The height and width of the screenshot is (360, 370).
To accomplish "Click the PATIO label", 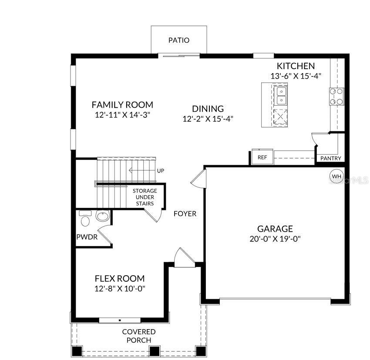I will pyautogui.click(x=179, y=40).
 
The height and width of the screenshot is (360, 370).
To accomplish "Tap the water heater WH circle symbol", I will pyautogui.click(x=336, y=177).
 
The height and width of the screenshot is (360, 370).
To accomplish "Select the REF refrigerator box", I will pyautogui.click(x=262, y=157).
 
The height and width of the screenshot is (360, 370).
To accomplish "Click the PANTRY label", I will pyautogui.click(x=331, y=158).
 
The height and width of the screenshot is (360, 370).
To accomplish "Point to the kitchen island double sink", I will pyautogui.click(x=281, y=96).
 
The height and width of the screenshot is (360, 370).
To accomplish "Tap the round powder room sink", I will pyautogui.click(x=103, y=216).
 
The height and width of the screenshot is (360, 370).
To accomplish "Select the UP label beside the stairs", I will pyautogui.click(x=160, y=170).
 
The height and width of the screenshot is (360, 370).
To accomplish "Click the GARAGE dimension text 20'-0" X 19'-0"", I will pyautogui.click(x=275, y=239).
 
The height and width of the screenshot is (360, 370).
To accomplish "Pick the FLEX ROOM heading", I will pyautogui.click(x=120, y=279).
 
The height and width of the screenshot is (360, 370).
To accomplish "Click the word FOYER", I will pyautogui.click(x=185, y=214).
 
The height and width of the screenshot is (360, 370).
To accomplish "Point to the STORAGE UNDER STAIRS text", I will pyautogui.click(x=145, y=197).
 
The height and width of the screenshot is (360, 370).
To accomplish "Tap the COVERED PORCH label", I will pyautogui.click(x=138, y=336).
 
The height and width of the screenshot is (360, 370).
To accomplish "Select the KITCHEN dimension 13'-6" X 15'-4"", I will pyautogui.click(x=296, y=76).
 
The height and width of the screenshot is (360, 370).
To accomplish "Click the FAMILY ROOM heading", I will pyautogui.click(x=122, y=105).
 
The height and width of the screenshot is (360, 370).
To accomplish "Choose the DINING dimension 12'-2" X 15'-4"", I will pyautogui.click(x=208, y=119).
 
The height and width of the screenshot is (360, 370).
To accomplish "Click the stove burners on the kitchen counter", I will pyautogui.click(x=336, y=97).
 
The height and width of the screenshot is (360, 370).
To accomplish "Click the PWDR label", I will pyautogui.click(x=87, y=237).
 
